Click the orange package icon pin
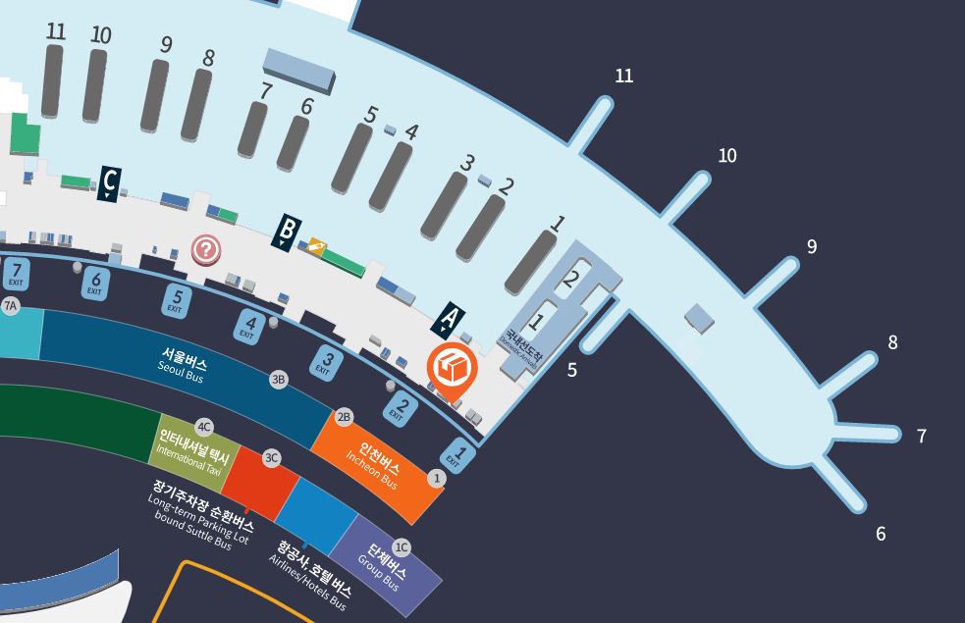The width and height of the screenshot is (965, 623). point(452,370)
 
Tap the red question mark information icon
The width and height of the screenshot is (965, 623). point(205,250)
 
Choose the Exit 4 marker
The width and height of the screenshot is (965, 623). point(249,325)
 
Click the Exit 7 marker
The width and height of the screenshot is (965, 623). point(16,272)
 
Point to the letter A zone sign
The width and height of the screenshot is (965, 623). point(449,318)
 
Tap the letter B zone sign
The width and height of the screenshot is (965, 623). point(286,232)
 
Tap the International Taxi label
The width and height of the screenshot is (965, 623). point(193,450)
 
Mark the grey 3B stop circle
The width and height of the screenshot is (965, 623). point(279,380)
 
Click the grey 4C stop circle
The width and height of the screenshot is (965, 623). point(204,427)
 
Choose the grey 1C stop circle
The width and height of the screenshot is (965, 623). point(402,547)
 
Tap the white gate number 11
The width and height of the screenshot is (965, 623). point(623,76)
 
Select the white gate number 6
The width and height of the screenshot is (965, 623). point(881,534)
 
